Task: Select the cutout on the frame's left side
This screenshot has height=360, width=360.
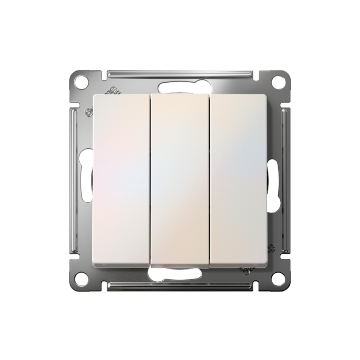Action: pos(85,180)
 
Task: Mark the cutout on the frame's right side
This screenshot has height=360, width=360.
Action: pos(274,180)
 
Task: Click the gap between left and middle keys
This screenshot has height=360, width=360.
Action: pos(150,180)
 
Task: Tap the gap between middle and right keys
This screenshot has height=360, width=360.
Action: pos(209,180)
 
